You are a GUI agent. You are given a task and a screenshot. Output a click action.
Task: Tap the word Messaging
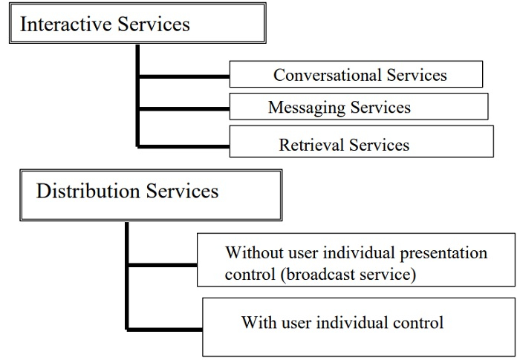pyautogui.click(x=304, y=108)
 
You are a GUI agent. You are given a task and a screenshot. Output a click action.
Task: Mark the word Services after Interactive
pyautogui.click(x=153, y=24)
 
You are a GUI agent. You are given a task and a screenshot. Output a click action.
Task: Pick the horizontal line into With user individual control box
pyautogui.click(x=165, y=327)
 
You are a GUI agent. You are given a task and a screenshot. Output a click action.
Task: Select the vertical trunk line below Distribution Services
pyautogui.click(x=127, y=275)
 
